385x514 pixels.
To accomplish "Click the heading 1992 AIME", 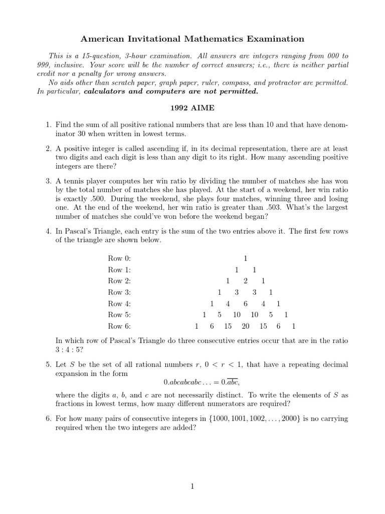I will coord(192,107).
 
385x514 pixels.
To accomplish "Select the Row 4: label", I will coord(119,304).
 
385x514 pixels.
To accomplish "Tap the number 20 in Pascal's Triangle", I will coord(246,326).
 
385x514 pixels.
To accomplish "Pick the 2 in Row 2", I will coord(246,281).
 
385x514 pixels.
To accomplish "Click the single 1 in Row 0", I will coord(246,259).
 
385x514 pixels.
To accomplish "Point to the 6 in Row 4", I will coord(246,304).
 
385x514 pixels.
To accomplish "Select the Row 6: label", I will coord(119,326).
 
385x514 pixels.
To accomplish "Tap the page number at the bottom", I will coord(192,486).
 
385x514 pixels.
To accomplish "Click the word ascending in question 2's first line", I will coord(157,149).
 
